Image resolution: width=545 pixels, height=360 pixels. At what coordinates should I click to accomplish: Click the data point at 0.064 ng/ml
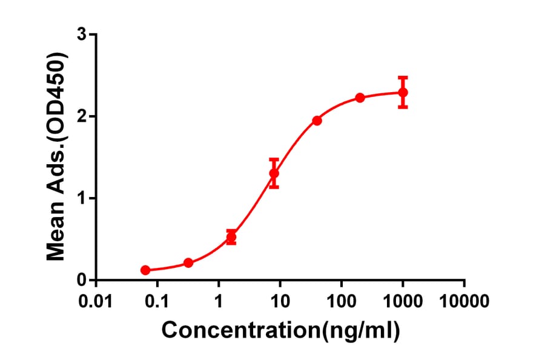(x=145, y=270)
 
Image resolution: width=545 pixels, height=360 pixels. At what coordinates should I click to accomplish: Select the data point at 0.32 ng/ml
(x=188, y=263)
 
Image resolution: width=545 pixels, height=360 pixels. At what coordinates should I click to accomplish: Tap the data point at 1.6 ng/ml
(x=231, y=237)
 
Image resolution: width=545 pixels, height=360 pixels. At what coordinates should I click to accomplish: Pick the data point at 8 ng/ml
(x=274, y=173)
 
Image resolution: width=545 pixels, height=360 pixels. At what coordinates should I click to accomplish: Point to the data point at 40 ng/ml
(x=317, y=121)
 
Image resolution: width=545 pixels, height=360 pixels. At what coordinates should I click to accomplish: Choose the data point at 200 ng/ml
(x=360, y=98)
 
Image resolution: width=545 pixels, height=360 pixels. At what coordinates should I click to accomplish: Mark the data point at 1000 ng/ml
(x=403, y=92)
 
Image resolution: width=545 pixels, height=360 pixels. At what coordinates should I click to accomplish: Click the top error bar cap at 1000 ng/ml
(x=403, y=78)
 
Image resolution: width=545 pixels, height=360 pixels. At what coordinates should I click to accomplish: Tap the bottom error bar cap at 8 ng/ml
(x=274, y=187)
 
